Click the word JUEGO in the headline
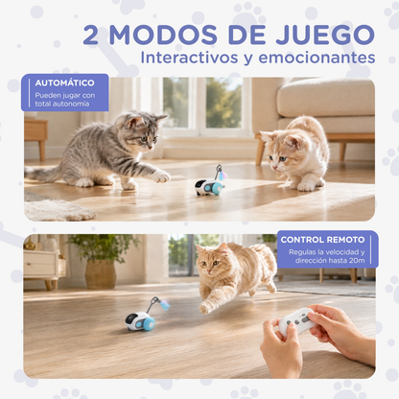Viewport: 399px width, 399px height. tap(325, 35)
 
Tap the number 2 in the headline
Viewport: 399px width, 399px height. tap(90, 35)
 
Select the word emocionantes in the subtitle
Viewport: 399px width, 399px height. tap(317, 58)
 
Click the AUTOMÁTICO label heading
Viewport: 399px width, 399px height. tap(65, 83)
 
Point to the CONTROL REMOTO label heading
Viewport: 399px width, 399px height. tap(322, 240)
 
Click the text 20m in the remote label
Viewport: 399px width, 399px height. tap(357, 261)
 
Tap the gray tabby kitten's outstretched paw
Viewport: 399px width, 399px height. tap(162, 176)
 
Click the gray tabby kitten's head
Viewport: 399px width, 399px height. tap(141, 131)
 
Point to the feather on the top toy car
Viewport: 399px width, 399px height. tap(223, 175)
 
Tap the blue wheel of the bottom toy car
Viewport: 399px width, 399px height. tap(148, 324)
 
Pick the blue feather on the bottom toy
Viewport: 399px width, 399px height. tap(165, 305)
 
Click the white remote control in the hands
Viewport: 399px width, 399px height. tap(297, 320)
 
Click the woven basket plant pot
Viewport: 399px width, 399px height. tap(101, 273)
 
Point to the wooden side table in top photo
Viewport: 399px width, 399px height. tap(35, 136)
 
